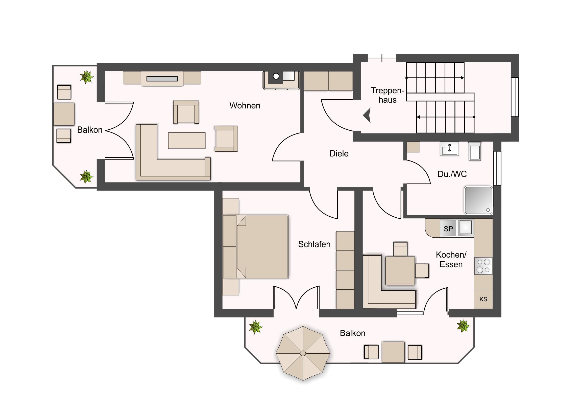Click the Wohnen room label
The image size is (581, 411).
pos(245,106)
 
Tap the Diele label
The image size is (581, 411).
pos(339,153)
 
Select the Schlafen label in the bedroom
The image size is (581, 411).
pos(314,244)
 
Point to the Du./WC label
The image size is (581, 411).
pos(452,174)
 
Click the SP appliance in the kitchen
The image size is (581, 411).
pos(448,229)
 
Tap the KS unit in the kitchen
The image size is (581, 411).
pos(483,299)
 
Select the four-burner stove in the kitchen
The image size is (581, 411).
pos(483,266)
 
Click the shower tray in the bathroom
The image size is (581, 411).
pos(478,200)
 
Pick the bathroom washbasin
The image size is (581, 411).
pos(449,149)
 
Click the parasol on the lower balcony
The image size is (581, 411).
pos(303,353)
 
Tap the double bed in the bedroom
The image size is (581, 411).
pos(255,247)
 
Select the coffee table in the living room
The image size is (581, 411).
pos(187,141)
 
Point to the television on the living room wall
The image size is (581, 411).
pos(162,79)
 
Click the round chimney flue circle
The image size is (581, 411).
pos(276,76)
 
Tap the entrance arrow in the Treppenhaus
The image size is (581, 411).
pos(367,116)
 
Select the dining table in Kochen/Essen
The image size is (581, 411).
pos(400,271)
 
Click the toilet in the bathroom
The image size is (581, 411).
pos(475,151)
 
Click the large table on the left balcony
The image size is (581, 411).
pos(64,114)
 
